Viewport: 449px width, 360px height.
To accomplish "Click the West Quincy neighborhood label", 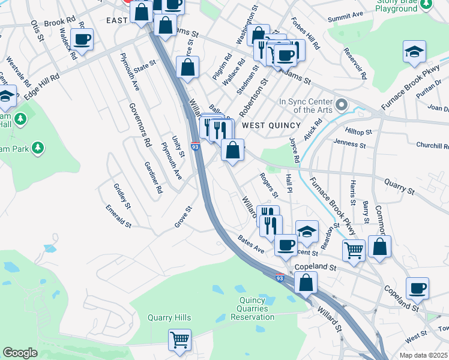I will pyautogui.click(x=271, y=125).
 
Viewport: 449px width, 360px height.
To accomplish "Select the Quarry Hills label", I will pyautogui.click(x=169, y=318).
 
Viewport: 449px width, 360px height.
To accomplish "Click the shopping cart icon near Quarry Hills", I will pyautogui.click(x=179, y=340).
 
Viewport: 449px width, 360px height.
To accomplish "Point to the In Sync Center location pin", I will pyautogui.click(x=342, y=105).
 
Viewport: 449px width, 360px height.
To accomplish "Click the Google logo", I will pyautogui.click(x=20, y=353).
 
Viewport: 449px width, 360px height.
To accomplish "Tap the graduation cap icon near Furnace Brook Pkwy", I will pyautogui.click(x=414, y=52).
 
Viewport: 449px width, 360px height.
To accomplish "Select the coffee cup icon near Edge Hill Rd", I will pyautogui.click(x=82, y=41).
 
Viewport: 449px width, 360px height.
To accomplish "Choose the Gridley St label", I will pyautogui.click(x=122, y=196).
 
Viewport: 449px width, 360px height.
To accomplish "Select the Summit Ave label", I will pyautogui.click(x=350, y=14).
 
